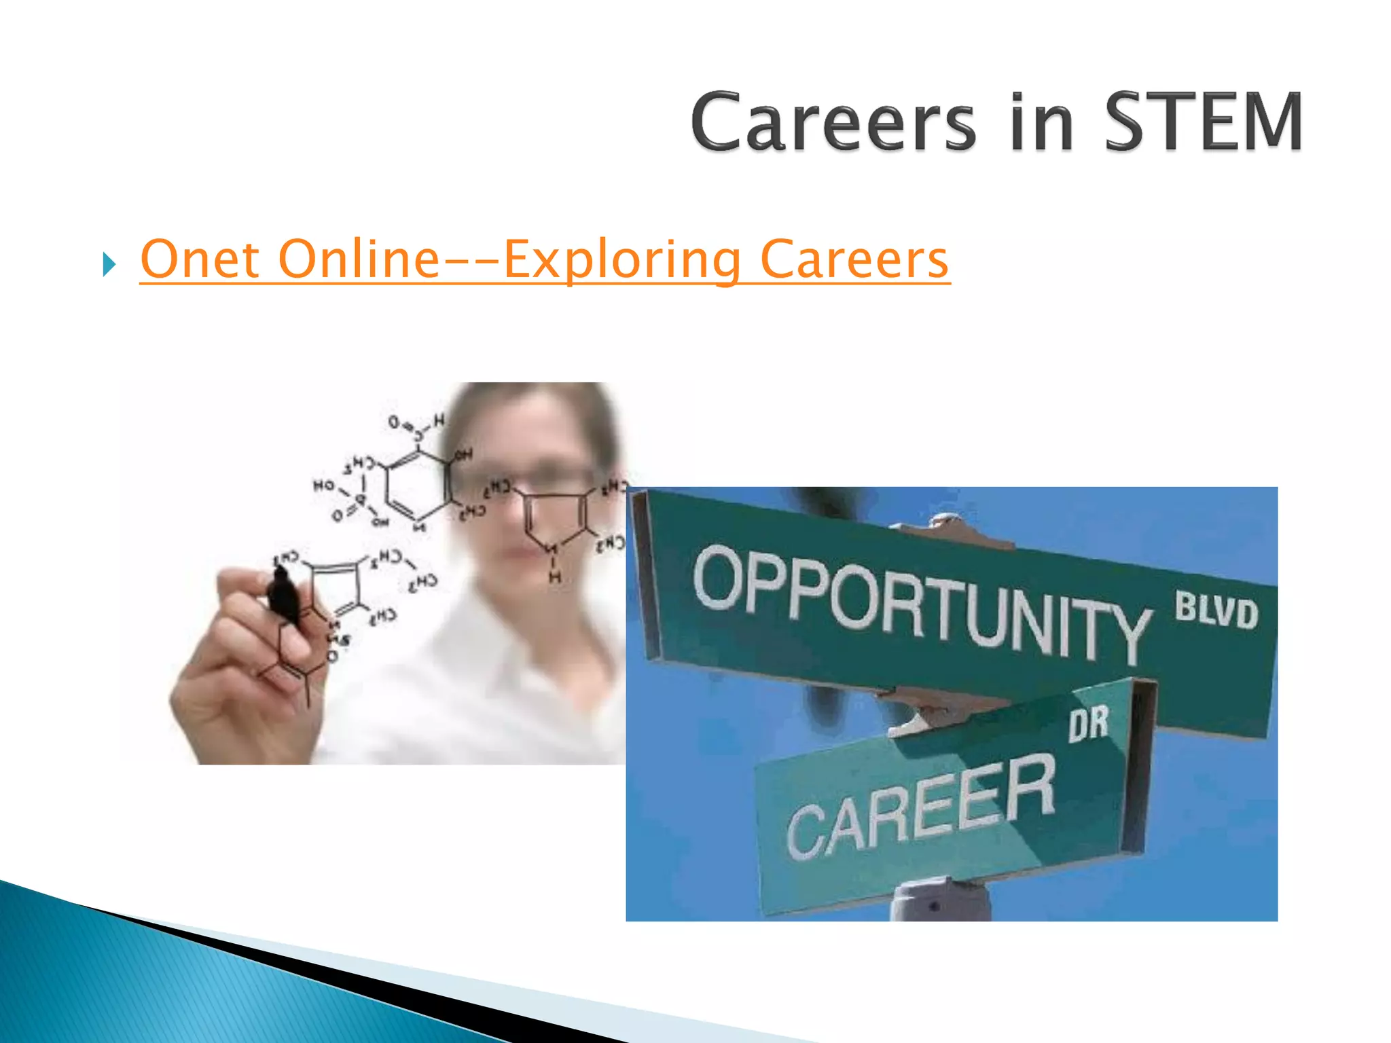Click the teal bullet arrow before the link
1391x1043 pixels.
coord(109,263)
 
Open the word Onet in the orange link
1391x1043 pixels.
coord(200,259)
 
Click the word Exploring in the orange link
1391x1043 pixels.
coord(621,261)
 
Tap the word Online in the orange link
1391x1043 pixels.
coord(360,259)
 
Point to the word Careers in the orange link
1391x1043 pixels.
coord(854,259)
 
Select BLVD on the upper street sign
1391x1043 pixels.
coord(1216,610)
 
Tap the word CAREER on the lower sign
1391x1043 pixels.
coord(920,808)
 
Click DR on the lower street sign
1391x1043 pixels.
coord(1089,723)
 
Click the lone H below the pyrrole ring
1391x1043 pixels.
coord(555,577)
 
